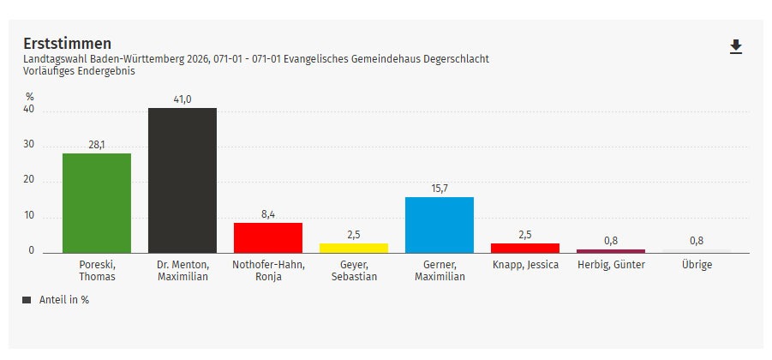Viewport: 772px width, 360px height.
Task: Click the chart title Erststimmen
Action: click(67, 43)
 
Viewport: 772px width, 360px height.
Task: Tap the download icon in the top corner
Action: click(735, 47)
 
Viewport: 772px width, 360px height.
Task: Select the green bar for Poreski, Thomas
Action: click(97, 203)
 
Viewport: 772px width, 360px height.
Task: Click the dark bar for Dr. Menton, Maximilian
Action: click(183, 180)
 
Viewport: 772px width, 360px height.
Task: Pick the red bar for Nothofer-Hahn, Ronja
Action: click(268, 237)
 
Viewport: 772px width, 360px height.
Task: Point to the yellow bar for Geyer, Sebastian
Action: click(354, 248)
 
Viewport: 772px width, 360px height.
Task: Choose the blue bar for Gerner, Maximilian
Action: click(440, 225)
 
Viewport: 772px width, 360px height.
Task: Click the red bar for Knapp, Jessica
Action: click(525, 248)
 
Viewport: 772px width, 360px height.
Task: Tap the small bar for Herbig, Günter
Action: click(611, 251)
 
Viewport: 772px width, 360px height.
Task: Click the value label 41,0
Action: click(183, 99)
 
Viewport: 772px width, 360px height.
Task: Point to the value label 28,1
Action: click(97, 145)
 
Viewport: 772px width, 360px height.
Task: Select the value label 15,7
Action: click(440, 189)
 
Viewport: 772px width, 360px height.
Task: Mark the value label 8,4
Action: click(268, 214)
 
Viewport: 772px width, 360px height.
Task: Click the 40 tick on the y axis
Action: click(29, 110)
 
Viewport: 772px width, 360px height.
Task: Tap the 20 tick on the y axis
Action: click(29, 180)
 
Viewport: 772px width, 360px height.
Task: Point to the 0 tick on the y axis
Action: click(32, 251)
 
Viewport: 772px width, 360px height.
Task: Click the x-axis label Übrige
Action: click(697, 265)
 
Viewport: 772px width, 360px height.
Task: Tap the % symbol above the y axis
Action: click(29, 96)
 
